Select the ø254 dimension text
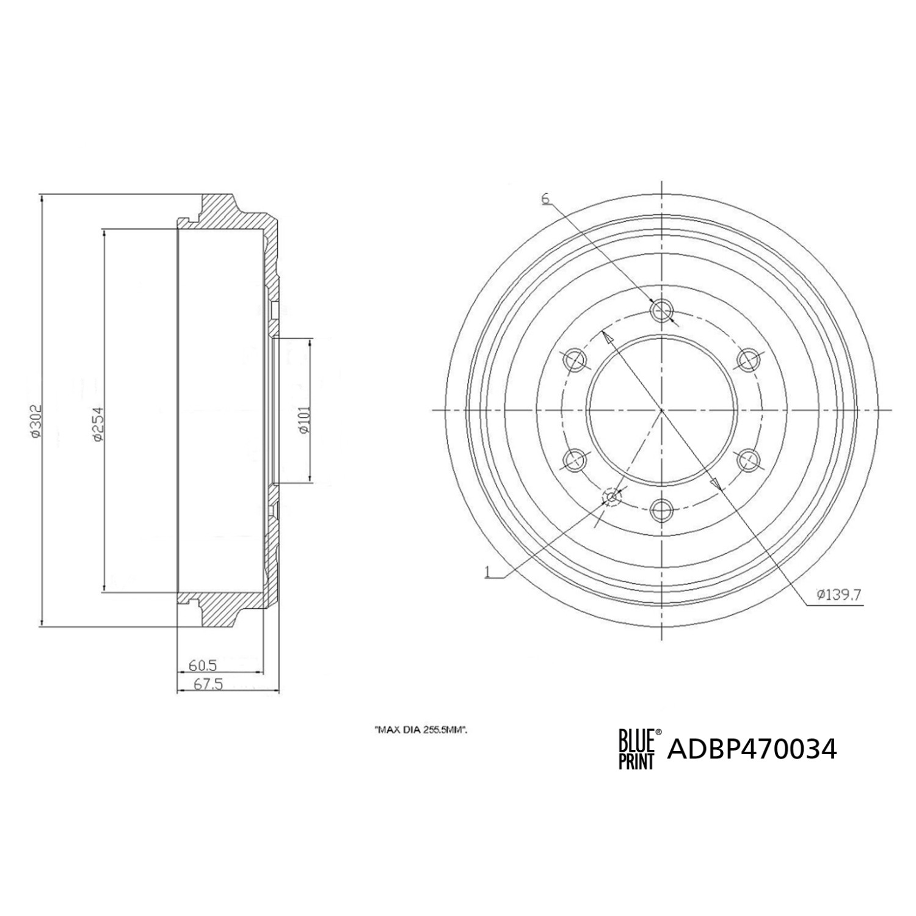tap(96, 423)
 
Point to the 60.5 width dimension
tap(203, 664)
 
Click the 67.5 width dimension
tap(208, 685)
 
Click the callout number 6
tap(545, 198)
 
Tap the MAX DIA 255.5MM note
tap(421, 729)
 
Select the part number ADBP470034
tap(752, 749)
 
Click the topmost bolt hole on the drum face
tap(662, 311)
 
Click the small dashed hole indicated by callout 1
tap(612, 497)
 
